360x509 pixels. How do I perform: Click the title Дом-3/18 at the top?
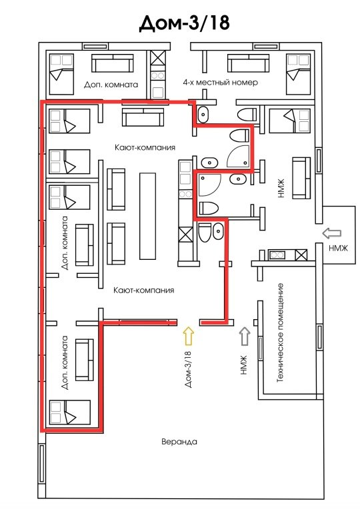tap(184, 23)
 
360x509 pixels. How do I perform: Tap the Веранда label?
tap(179, 442)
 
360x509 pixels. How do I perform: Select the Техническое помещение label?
tap(281, 332)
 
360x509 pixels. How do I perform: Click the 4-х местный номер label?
tap(220, 82)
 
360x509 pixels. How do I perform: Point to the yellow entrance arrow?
tap(189, 335)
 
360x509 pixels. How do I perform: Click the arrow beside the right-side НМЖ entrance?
tap(332, 233)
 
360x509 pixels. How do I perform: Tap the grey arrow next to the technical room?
tap(245, 336)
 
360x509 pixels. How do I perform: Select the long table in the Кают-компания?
tap(147, 216)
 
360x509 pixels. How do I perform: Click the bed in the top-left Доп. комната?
tap(61, 74)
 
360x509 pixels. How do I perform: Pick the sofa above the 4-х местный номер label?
tap(248, 63)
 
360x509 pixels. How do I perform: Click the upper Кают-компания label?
tap(145, 147)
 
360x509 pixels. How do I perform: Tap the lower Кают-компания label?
tap(143, 290)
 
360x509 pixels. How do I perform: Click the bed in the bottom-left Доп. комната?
tap(69, 412)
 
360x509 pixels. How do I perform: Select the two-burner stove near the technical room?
tap(277, 254)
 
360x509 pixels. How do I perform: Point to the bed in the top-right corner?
tap(298, 74)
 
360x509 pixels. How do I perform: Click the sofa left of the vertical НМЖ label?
tap(301, 178)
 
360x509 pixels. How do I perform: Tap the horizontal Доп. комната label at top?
tap(111, 85)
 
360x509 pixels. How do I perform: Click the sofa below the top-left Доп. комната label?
tap(143, 117)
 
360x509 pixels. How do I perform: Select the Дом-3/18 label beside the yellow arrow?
tap(189, 369)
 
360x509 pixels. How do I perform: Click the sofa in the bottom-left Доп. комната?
tap(85, 360)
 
